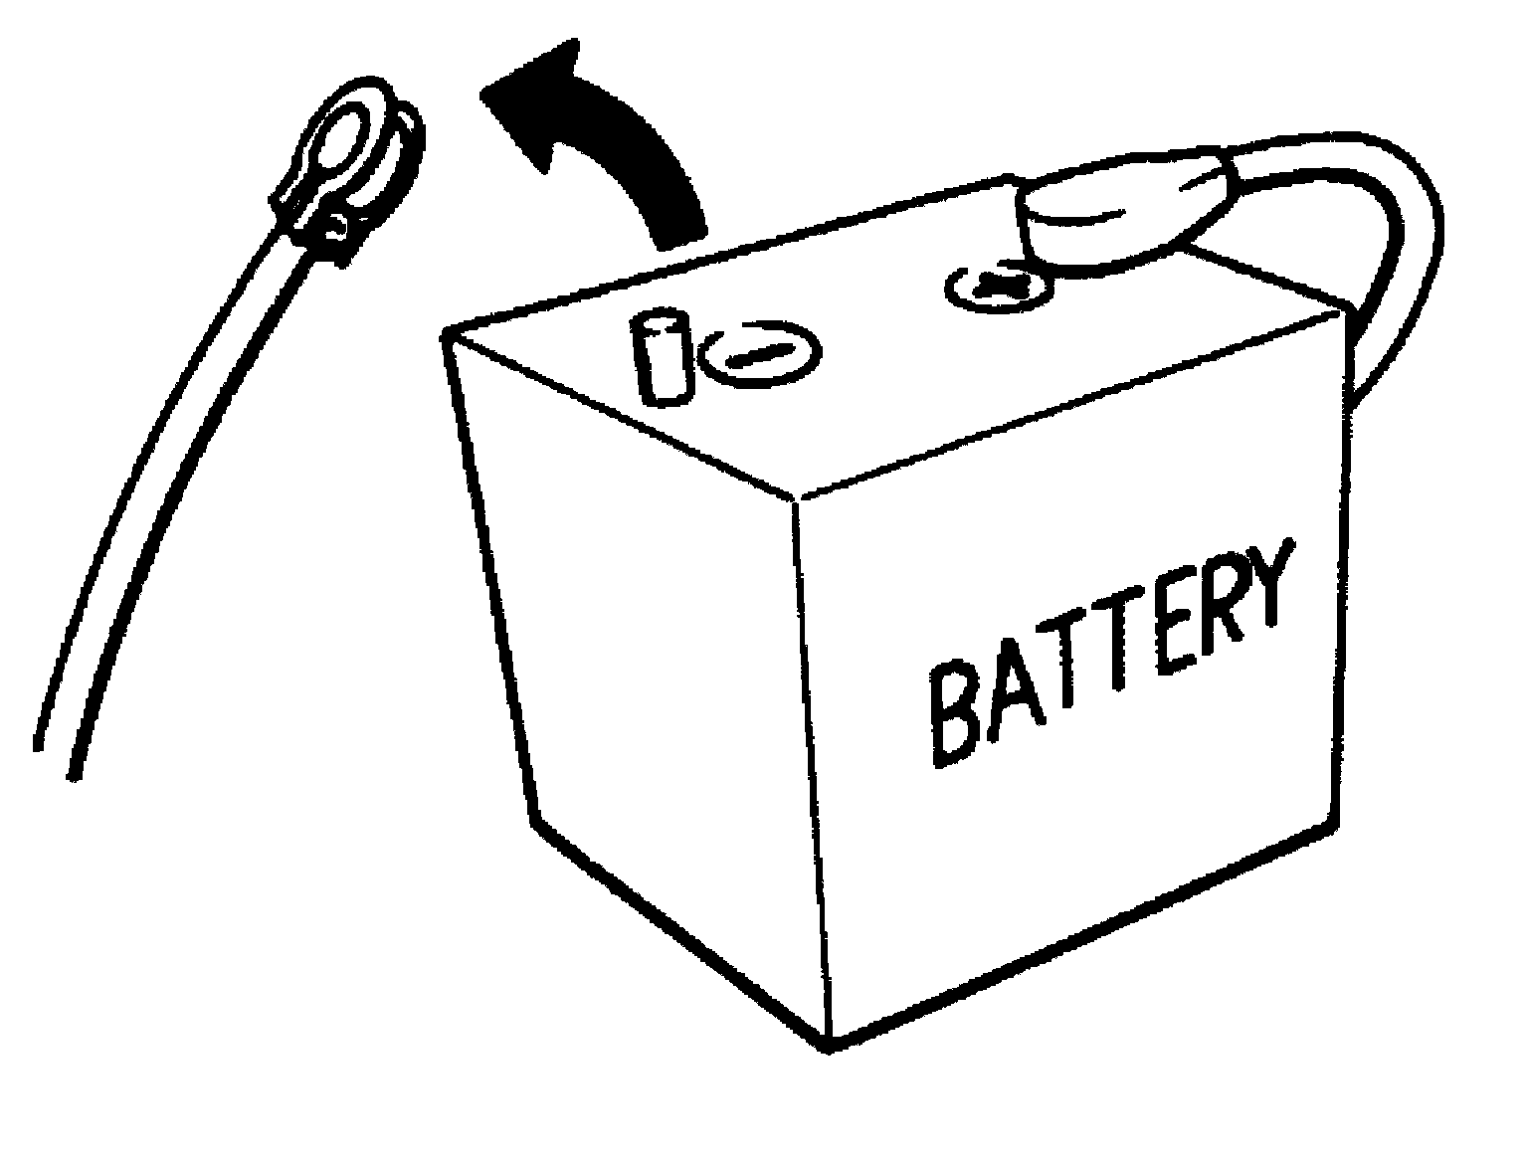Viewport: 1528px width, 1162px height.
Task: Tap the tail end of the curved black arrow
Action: click(x=678, y=231)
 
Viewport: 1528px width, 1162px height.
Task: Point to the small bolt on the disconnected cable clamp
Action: click(x=338, y=227)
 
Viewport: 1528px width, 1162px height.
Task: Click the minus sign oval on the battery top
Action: click(x=761, y=356)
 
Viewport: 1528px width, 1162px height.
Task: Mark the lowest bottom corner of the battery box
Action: click(x=828, y=1046)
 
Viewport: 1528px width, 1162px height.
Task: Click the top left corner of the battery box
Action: click(x=445, y=334)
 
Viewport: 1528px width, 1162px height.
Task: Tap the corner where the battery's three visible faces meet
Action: click(x=799, y=497)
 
